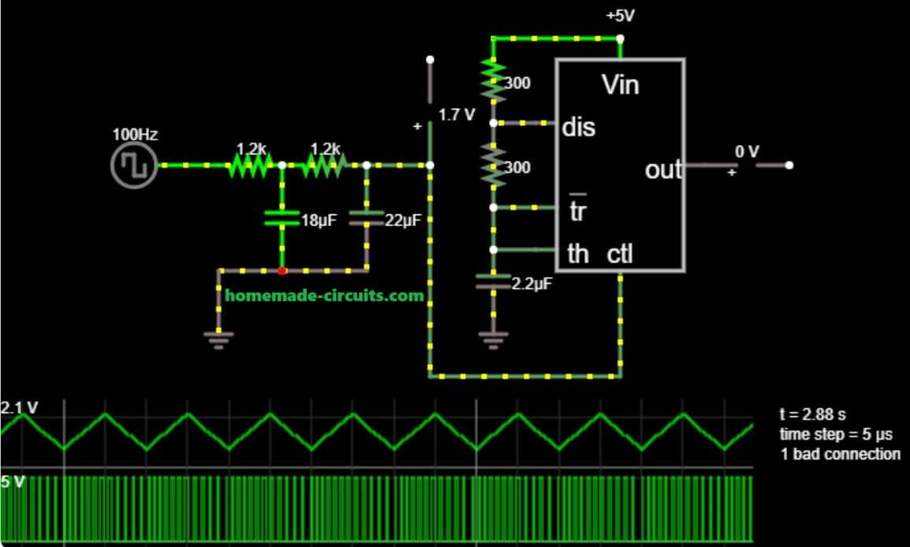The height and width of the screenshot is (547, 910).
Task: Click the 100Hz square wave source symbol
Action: (134, 166)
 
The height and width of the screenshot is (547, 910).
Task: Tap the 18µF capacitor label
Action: (319, 221)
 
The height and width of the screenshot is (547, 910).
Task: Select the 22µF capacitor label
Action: (405, 221)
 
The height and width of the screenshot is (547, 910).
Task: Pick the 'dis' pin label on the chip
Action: (580, 126)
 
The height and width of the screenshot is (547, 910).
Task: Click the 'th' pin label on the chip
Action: (578, 254)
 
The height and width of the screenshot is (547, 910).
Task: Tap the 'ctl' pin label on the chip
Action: (621, 254)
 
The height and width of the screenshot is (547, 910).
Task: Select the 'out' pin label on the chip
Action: (663, 169)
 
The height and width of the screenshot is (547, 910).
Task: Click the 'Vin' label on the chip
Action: (620, 84)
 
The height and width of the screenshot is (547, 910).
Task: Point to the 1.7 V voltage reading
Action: (457, 115)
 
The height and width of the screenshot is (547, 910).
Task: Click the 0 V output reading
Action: (747, 151)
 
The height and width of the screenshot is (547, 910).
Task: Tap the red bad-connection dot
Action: (282, 270)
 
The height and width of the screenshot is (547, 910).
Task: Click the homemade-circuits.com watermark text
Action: (324, 296)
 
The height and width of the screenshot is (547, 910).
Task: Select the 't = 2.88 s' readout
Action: (811, 415)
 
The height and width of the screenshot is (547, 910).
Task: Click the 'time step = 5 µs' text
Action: (830, 434)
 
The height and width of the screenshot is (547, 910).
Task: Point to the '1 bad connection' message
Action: (839, 454)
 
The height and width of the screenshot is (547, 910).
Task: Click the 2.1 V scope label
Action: (20, 407)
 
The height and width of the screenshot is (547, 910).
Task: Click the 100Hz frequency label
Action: (135, 135)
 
